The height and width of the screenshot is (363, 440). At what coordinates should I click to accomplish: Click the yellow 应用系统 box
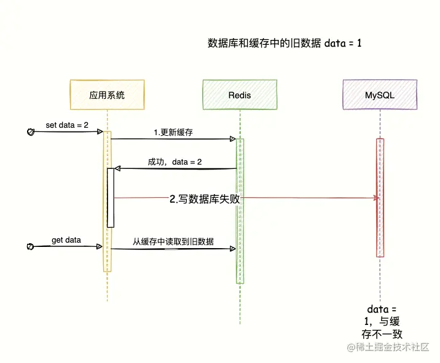(107, 95)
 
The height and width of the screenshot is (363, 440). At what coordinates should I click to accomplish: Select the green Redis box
(239, 95)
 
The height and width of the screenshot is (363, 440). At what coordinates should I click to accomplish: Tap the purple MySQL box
(379, 95)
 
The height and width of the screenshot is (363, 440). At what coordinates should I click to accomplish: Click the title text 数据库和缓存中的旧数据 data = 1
(285, 44)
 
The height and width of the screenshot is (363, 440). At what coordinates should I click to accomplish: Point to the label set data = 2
(66, 125)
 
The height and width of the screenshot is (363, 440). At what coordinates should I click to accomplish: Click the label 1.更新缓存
(173, 132)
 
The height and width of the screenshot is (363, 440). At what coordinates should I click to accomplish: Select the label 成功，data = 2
(175, 162)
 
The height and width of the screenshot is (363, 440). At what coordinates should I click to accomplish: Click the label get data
(66, 240)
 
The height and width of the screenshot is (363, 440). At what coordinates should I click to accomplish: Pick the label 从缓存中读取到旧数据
(173, 241)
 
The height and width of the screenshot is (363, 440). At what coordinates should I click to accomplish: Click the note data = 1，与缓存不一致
(382, 321)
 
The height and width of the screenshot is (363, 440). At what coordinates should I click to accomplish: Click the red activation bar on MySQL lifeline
(380, 197)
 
